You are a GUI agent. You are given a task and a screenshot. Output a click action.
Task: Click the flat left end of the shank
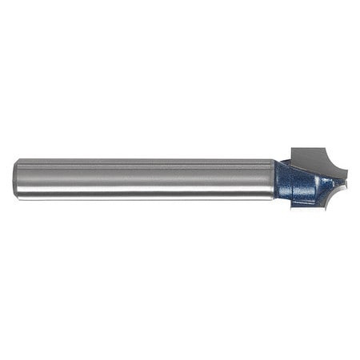tap(15, 179)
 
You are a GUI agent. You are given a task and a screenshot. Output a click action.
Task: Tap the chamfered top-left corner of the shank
tap(17, 162)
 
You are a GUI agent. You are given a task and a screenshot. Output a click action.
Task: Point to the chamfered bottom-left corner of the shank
tap(17, 197)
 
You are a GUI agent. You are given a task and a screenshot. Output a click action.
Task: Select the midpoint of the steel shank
tap(144, 179)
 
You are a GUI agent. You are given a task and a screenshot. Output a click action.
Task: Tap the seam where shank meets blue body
tap(274, 179)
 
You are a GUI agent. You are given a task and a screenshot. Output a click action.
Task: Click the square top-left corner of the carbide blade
tap(291, 149)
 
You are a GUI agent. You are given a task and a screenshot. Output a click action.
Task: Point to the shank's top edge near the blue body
tap(264, 160)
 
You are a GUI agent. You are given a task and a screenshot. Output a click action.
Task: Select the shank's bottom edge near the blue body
tap(264, 199)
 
